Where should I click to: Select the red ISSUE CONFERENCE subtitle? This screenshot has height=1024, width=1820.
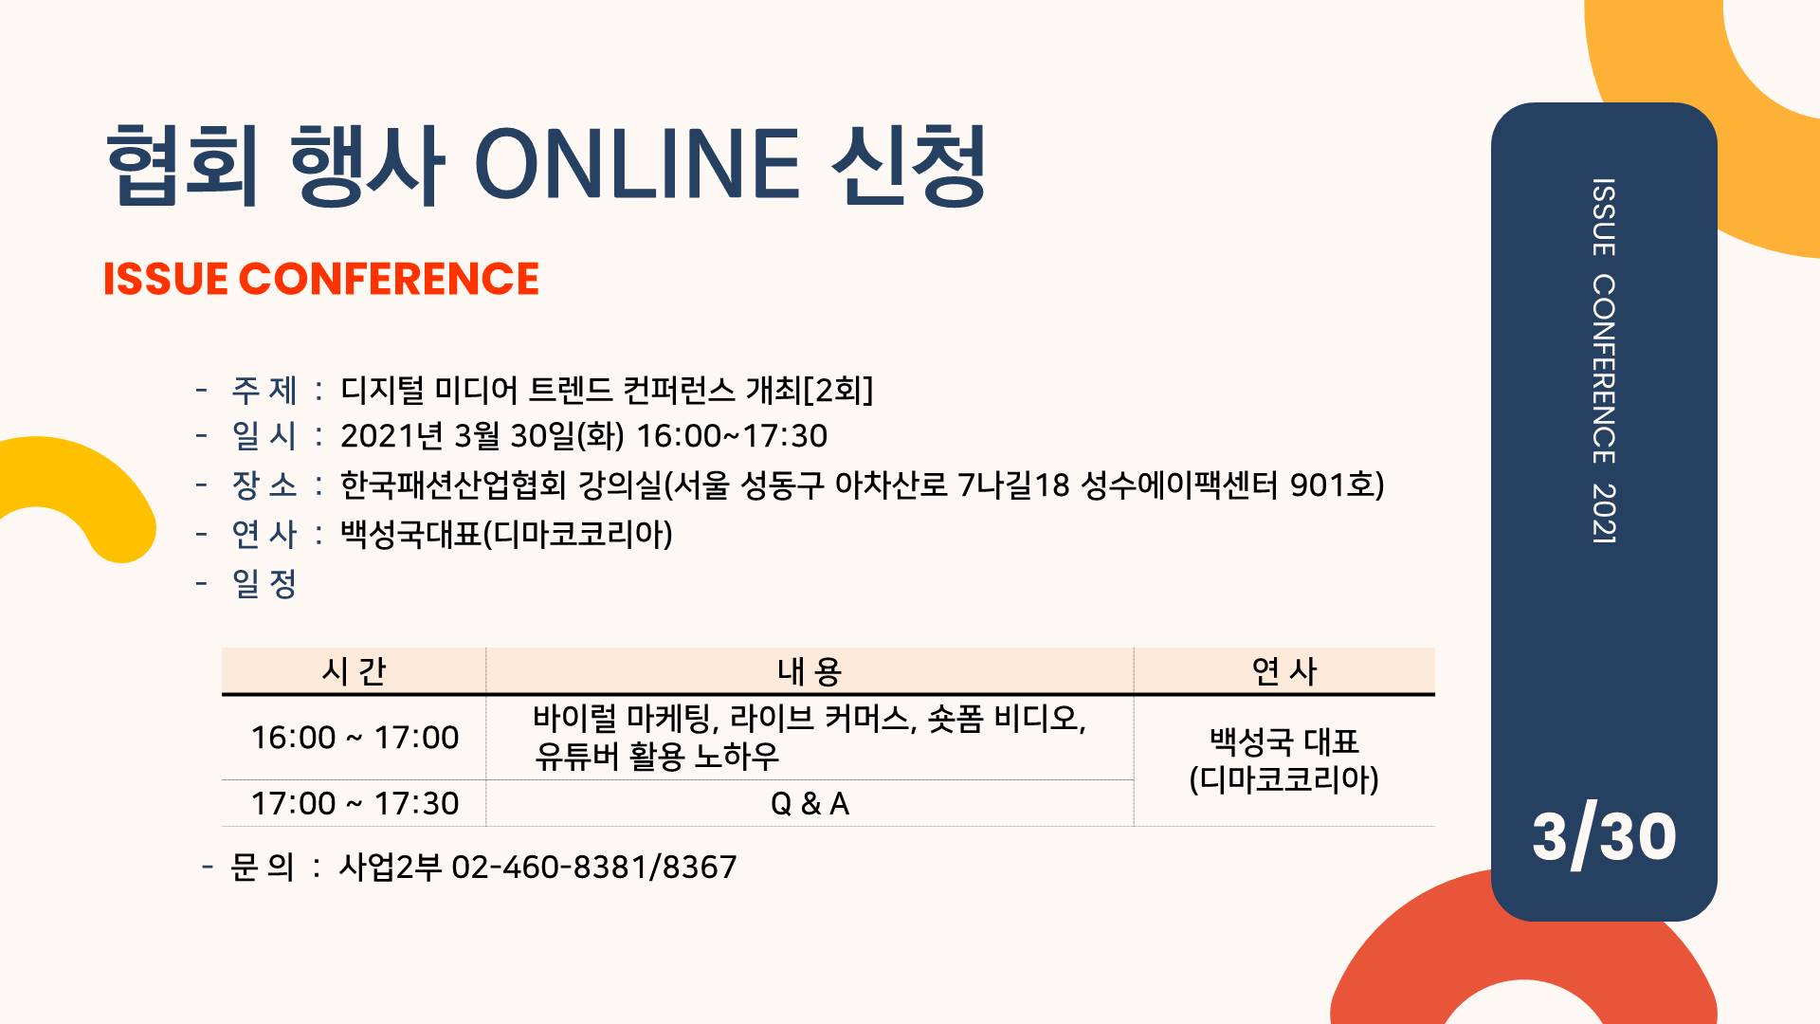[x=321, y=279]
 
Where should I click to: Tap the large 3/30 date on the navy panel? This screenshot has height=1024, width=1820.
[x=1604, y=835]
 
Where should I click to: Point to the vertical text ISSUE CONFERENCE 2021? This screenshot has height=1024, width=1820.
[x=1604, y=360]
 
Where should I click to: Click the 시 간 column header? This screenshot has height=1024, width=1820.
[x=354, y=671]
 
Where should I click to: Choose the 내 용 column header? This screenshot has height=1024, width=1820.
[x=810, y=671]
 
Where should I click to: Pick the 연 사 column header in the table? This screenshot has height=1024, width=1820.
[x=1284, y=671]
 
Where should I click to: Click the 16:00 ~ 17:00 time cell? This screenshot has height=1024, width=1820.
[x=355, y=738]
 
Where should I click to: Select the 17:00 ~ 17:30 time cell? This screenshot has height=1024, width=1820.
[x=355, y=804]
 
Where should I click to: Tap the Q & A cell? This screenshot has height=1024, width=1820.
[x=810, y=804]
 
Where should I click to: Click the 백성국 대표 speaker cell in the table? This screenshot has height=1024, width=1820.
[x=1284, y=741]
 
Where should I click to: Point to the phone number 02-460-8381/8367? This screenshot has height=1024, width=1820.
[x=593, y=867]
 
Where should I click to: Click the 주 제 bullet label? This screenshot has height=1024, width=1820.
[x=264, y=390]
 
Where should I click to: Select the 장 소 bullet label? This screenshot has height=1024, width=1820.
[x=264, y=485]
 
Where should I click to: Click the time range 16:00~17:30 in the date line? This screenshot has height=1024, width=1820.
[x=732, y=436]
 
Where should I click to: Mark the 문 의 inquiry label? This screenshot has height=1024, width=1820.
[x=263, y=867]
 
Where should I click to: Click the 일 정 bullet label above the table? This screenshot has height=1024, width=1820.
[x=264, y=584]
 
